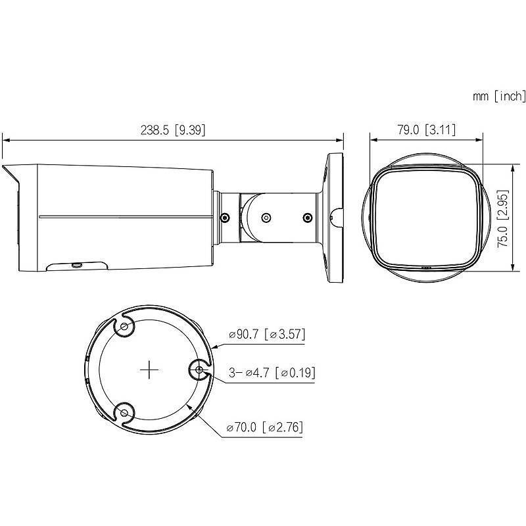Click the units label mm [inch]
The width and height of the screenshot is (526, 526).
point(499,97)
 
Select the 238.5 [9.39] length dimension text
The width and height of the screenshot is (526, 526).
point(173,130)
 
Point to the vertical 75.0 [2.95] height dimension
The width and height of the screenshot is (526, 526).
point(502,217)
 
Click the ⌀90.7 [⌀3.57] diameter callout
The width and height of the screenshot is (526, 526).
point(266,335)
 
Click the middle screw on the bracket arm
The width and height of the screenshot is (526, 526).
point(266,218)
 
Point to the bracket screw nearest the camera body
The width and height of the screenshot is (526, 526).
point(225,218)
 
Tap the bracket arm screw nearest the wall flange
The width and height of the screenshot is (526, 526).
point(306,218)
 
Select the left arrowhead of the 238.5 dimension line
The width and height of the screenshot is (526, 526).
point(5,139)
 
